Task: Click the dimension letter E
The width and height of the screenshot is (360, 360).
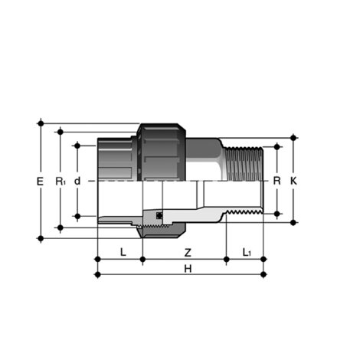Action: pos(41,182)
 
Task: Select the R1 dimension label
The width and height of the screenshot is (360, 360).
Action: pos(61,182)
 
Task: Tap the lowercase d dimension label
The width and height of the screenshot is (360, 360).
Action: pos(77,182)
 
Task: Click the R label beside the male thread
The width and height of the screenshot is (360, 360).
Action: pos(277,182)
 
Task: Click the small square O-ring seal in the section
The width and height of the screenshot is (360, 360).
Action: pos(159,215)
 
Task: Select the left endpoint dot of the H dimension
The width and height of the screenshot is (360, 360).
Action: pos(97,273)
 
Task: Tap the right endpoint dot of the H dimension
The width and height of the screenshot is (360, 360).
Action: pos(263,273)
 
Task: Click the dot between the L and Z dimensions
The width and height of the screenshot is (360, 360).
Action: pos(142,260)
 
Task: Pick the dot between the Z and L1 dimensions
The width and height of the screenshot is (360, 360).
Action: pos(226,260)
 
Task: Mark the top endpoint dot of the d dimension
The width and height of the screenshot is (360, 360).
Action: pos(77,144)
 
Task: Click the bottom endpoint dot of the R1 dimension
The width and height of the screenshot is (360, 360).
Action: pos(60,227)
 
